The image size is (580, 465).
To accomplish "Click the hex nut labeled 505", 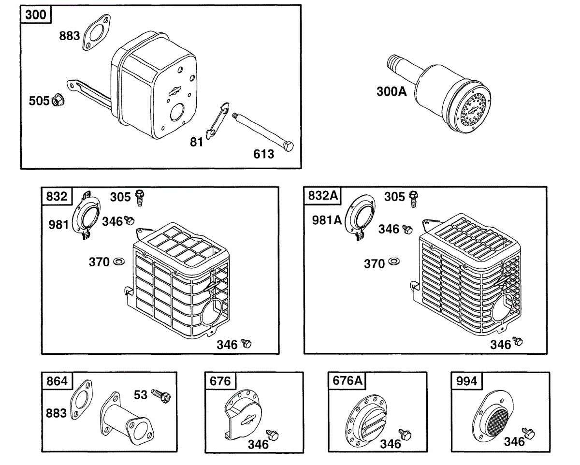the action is (x=58, y=100).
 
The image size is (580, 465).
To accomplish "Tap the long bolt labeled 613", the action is (x=263, y=132).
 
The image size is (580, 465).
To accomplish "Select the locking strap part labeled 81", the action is (x=217, y=120).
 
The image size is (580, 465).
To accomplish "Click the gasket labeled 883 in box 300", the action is (x=96, y=32).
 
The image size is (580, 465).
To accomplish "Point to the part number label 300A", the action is (x=391, y=92).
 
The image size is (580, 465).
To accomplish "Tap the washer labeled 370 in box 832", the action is (x=119, y=261).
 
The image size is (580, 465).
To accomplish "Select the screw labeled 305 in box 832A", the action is (x=413, y=199).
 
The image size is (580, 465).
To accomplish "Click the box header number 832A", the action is (x=322, y=195).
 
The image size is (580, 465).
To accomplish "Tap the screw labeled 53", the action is (x=161, y=396).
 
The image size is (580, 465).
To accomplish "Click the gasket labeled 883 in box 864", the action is (x=81, y=399).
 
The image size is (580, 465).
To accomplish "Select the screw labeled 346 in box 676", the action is (x=273, y=435).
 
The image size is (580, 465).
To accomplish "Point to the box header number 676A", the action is (x=347, y=380).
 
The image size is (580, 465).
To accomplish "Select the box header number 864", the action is (x=57, y=381).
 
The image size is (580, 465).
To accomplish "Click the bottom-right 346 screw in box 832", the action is (x=246, y=343).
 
